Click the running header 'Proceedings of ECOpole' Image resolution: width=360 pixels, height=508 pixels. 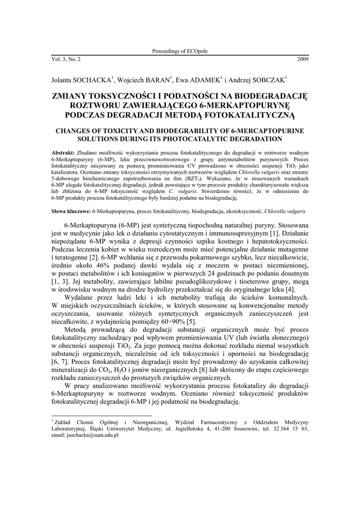coord(180,52)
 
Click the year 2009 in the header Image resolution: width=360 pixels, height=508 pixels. coord(302,60)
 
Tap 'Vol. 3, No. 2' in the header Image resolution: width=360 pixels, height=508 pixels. coord(66,60)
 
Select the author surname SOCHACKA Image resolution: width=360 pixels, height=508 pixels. coord(93,79)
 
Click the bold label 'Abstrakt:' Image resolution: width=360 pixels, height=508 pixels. coord(63,152)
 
